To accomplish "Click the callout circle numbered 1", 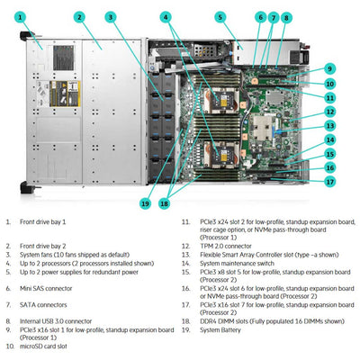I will tap(21, 16).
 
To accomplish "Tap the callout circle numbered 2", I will tap(79, 16).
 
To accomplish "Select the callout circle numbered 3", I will tap(110, 16).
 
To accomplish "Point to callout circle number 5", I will tap(220, 16).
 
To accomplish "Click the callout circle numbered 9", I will tap(329, 67).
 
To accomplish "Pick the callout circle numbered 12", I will tap(329, 111).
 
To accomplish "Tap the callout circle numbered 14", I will tap(329, 139).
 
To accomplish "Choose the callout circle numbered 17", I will tap(329, 181).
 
